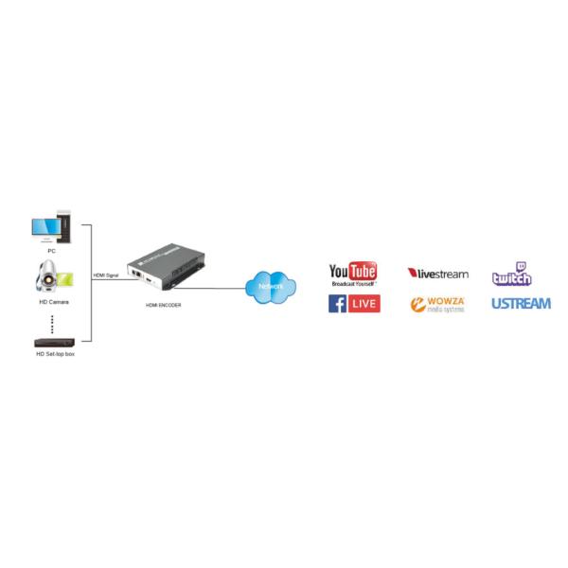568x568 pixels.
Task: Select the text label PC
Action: coord(51,251)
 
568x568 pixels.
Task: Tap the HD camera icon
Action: coord(50,277)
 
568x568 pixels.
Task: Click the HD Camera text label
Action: coord(52,302)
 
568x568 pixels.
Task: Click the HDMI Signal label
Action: coord(105,275)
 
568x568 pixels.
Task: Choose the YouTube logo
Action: coord(352,272)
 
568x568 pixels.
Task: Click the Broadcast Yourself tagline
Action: coord(352,284)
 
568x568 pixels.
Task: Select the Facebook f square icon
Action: coord(337,304)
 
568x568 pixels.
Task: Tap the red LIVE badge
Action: coord(364,304)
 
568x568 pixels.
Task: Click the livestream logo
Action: coord(437,274)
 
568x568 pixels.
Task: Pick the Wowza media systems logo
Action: coord(436,304)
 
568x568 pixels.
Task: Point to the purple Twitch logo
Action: coord(511,274)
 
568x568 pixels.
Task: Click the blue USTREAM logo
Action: coord(520,304)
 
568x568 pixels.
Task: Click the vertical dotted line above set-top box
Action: coord(52,322)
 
